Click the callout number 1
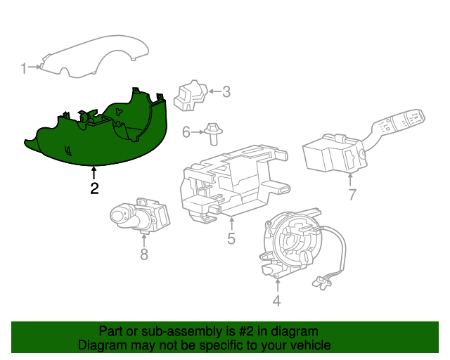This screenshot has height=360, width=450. pyautogui.click(x=23, y=69)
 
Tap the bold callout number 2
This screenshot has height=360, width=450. pyautogui.click(x=94, y=188)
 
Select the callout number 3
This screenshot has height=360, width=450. pyautogui.click(x=226, y=92)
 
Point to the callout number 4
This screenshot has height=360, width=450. pyautogui.click(x=276, y=301)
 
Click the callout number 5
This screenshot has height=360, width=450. pyautogui.click(x=231, y=238)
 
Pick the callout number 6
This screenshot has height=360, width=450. pyautogui.click(x=186, y=132)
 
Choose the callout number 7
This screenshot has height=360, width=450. pyautogui.click(x=352, y=195)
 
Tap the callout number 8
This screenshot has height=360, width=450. pyautogui.click(x=144, y=255)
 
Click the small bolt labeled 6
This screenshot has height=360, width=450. pyautogui.click(x=213, y=134)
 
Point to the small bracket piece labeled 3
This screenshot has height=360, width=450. pyautogui.click(x=191, y=96)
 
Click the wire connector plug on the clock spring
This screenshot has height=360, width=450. pyautogui.click(x=321, y=283)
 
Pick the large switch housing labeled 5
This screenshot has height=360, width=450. pyautogui.click(x=234, y=184)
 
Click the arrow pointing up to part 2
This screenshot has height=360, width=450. pyautogui.click(x=94, y=173)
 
